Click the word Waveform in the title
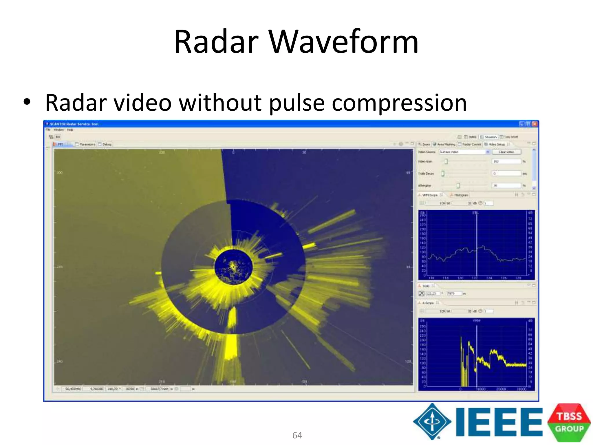click(344, 42)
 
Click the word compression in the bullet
click(399, 103)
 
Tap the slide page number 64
click(297, 435)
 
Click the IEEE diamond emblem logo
click(432, 421)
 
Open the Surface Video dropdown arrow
click(488, 152)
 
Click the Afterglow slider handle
click(458, 185)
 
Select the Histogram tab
click(461, 195)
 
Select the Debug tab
click(106, 144)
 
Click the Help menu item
click(70, 130)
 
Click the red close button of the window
click(535, 124)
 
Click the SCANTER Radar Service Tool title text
click(74, 124)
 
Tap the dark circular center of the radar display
click(233, 267)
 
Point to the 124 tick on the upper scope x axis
click(489, 278)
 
